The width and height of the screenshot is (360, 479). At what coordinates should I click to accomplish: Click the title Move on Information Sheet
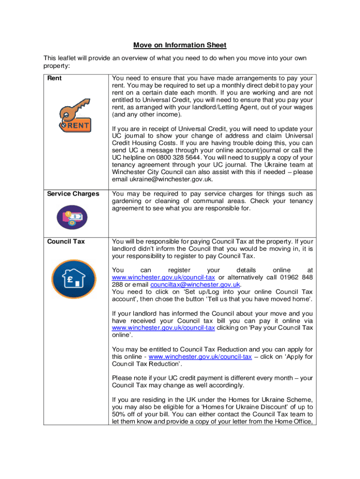180,45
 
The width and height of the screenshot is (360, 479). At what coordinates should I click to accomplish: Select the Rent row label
55,78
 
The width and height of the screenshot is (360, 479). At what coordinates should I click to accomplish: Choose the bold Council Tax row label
65,241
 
